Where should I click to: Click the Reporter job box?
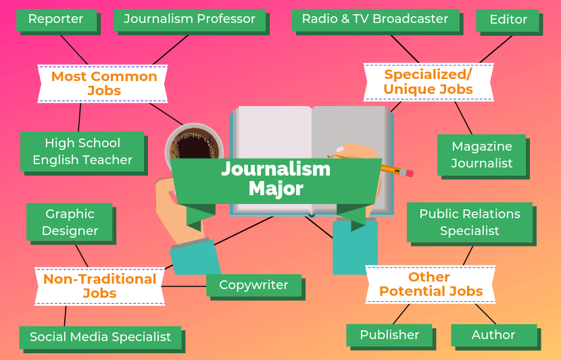point(55,20)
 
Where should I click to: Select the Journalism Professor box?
point(189,20)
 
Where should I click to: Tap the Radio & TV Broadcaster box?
point(375,20)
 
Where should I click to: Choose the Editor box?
point(508,20)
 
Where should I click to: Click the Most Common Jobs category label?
point(103,84)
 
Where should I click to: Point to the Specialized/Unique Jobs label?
point(428,82)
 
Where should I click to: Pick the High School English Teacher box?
point(82,151)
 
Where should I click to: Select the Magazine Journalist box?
point(481,155)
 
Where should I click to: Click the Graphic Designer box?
point(70,222)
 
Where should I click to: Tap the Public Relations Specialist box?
point(469,222)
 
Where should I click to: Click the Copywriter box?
point(253,285)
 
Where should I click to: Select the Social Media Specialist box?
point(100,337)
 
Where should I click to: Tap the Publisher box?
point(389,335)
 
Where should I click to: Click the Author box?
point(493,335)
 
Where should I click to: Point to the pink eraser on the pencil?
point(408,173)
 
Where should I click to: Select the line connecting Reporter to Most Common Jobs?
point(74,49)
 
